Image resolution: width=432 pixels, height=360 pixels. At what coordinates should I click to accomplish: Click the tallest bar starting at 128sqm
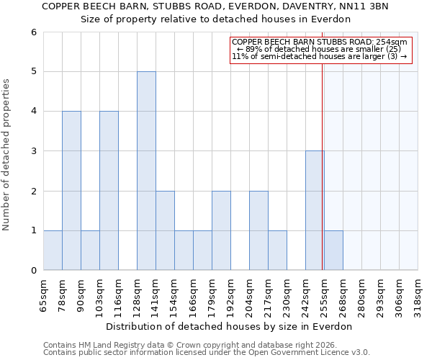pos(146,171)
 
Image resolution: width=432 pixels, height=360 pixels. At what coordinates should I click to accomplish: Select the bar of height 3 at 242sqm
pos(315,210)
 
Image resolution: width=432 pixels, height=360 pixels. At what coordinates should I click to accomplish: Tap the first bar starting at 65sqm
pos(53,250)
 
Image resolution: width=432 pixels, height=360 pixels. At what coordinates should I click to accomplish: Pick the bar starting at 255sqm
pos(333,250)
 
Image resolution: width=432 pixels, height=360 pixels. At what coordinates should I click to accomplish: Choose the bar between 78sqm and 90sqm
pos(71,190)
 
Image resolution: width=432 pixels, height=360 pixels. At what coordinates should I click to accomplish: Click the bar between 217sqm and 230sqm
pos(277,250)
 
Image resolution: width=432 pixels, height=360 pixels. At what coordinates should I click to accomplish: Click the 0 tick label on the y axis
pos(33,271)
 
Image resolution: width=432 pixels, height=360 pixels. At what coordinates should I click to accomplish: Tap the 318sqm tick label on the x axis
pos(418,297)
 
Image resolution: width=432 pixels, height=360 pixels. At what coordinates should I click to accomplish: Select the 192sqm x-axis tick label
pos(231,297)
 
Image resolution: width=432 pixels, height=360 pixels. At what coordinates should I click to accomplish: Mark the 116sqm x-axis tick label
pos(119,297)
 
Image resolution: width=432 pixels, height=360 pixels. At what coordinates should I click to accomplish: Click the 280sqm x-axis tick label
pos(362,297)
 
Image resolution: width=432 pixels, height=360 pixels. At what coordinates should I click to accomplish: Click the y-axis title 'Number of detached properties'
pos(7,156)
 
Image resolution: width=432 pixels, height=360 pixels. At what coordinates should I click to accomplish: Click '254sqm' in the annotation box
pos(392,42)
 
